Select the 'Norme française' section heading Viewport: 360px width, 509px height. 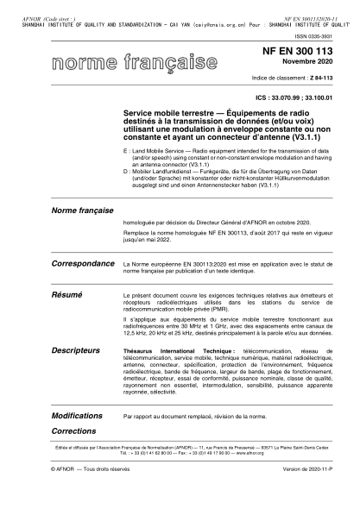click(x=83, y=211)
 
